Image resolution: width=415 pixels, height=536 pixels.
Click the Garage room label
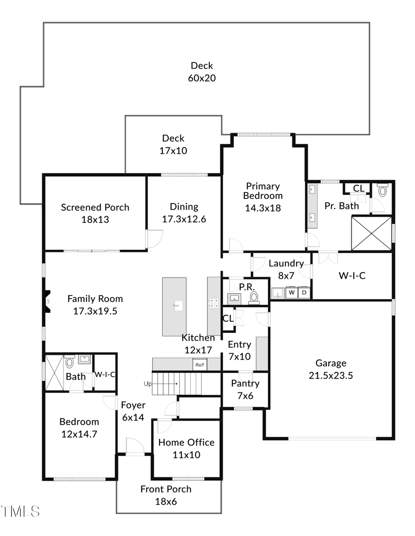pyautogui.click(x=331, y=363)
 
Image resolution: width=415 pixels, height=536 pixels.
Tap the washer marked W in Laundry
pyautogui.click(x=291, y=293)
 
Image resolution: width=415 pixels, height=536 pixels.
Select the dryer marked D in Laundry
pyautogui.click(x=304, y=293)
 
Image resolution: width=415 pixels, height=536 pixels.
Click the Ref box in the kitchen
pyautogui.click(x=200, y=364)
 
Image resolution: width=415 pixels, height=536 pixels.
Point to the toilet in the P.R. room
pyautogui.click(x=254, y=297)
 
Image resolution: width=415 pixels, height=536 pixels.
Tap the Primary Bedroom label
pyautogui.click(x=262, y=191)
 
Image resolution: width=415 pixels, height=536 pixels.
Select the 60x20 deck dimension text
pyautogui.click(x=202, y=78)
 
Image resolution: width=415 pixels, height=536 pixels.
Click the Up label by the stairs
pyautogui.click(x=148, y=384)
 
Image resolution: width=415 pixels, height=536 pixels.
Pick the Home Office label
pyautogui.click(x=186, y=442)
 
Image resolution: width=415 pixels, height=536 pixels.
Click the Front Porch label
pyautogui.click(x=166, y=489)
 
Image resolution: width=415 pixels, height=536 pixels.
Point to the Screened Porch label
pyautogui.click(x=95, y=207)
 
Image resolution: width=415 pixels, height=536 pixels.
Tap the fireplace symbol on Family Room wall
pyautogui.click(x=47, y=302)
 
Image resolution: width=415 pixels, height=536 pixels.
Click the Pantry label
pyautogui.click(x=245, y=383)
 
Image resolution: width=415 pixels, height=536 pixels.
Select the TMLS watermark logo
pyautogui.click(x=20, y=511)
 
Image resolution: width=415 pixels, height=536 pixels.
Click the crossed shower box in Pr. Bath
pyautogui.click(x=371, y=233)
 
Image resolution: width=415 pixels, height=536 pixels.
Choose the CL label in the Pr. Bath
pyautogui.click(x=358, y=188)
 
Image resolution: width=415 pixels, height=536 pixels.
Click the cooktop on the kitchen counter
pyautogui.click(x=213, y=303)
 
